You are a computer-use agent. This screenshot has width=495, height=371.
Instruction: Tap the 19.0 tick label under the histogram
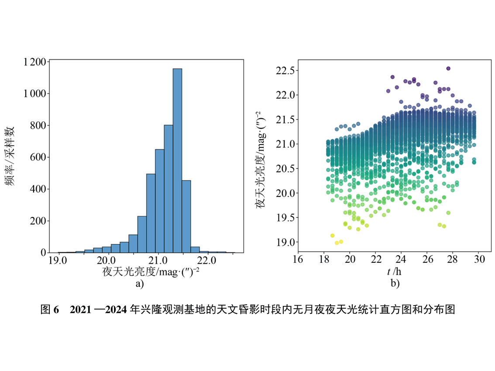(58, 261)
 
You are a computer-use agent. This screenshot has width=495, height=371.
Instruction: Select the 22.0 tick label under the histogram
(206, 261)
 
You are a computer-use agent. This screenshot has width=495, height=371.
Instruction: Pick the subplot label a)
(140, 284)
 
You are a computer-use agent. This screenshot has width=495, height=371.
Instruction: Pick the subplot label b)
(395, 284)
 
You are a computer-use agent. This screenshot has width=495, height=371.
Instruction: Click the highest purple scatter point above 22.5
(448, 69)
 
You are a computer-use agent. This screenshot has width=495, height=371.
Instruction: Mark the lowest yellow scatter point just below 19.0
(337, 243)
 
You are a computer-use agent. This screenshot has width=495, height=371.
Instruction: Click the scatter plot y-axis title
(262, 160)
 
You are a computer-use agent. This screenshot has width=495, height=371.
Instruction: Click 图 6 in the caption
(49, 310)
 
